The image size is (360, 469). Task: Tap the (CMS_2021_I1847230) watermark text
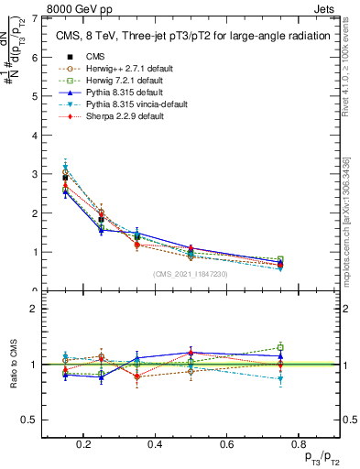(x=190, y=275)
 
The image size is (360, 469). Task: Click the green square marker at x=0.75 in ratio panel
(x=280, y=347)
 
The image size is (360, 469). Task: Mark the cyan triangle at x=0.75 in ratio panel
(x=280, y=378)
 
